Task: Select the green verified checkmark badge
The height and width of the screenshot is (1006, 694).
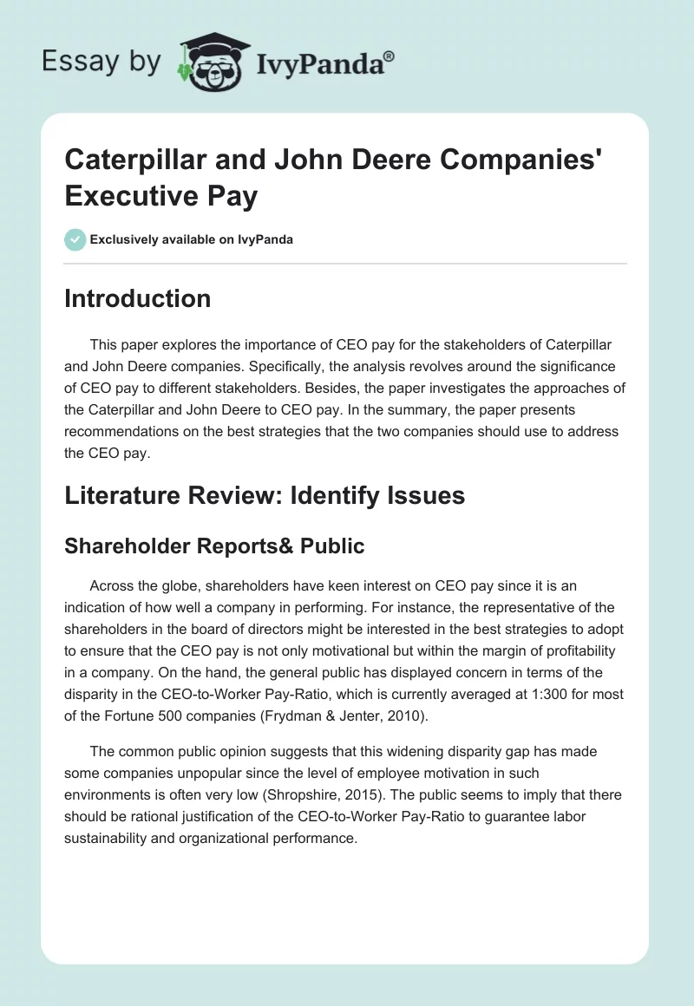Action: click(75, 239)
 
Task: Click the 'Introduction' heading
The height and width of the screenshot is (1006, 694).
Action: click(137, 298)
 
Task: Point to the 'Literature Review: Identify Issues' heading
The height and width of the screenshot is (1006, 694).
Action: click(265, 495)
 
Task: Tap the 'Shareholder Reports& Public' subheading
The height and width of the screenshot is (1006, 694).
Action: click(214, 545)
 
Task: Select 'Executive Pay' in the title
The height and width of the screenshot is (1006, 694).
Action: click(161, 197)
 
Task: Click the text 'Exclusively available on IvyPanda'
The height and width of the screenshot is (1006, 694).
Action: click(192, 239)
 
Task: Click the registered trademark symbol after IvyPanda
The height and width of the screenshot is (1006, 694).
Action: click(389, 56)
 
